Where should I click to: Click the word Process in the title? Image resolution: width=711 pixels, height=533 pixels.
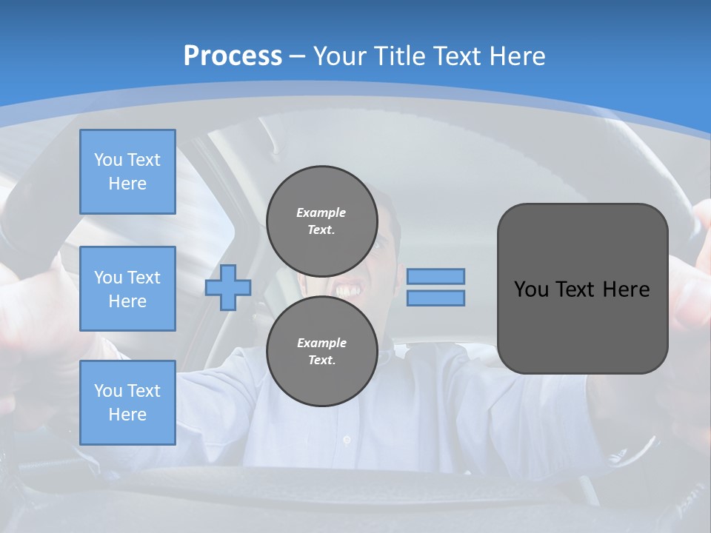pyautogui.click(x=233, y=56)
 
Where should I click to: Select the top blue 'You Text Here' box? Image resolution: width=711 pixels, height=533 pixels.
pyautogui.click(x=127, y=172)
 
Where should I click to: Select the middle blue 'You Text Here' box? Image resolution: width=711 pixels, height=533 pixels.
pyautogui.click(x=127, y=289)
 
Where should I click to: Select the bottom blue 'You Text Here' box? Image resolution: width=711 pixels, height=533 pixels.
pyautogui.click(x=127, y=403)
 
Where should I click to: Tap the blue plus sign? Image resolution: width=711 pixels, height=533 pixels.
pyautogui.click(x=228, y=286)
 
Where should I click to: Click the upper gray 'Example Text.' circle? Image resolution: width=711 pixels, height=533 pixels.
pyautogui.click(x=321, y=221)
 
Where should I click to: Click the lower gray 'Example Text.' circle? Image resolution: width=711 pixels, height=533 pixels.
pyautogui.click(x=321, y=351)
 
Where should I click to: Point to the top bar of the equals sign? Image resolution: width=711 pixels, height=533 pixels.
pyautogui.click(x=435, y=276)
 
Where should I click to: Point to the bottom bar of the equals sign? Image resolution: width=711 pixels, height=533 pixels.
pyautogui.click(x=435, y=298)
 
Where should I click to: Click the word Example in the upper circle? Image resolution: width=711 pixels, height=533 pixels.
pyautogui.click(x=321, y=212)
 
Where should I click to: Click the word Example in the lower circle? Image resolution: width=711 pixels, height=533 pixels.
pyautogui.click(x=321, y=343)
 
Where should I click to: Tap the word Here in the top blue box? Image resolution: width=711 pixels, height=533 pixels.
pyautogui.click(x=127, y=184)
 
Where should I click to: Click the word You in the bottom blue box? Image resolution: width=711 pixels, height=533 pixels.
pyautogui.click(x=107, y=391)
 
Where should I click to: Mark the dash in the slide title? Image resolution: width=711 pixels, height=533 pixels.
pyautogui.click(x=297, y=56)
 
